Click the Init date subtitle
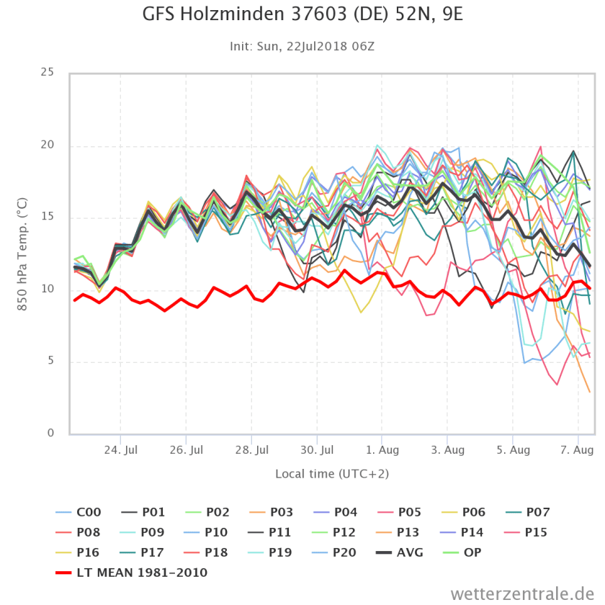pos(302,46)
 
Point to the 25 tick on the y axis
pos(48,73)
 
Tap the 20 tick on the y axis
pos(48,145)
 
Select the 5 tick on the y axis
pos(50,362)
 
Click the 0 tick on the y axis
pos(50,434)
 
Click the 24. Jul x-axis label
pos(120,450)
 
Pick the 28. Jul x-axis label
pos(251,450)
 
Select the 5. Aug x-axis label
pos(511,450)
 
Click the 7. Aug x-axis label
pos(577,450)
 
